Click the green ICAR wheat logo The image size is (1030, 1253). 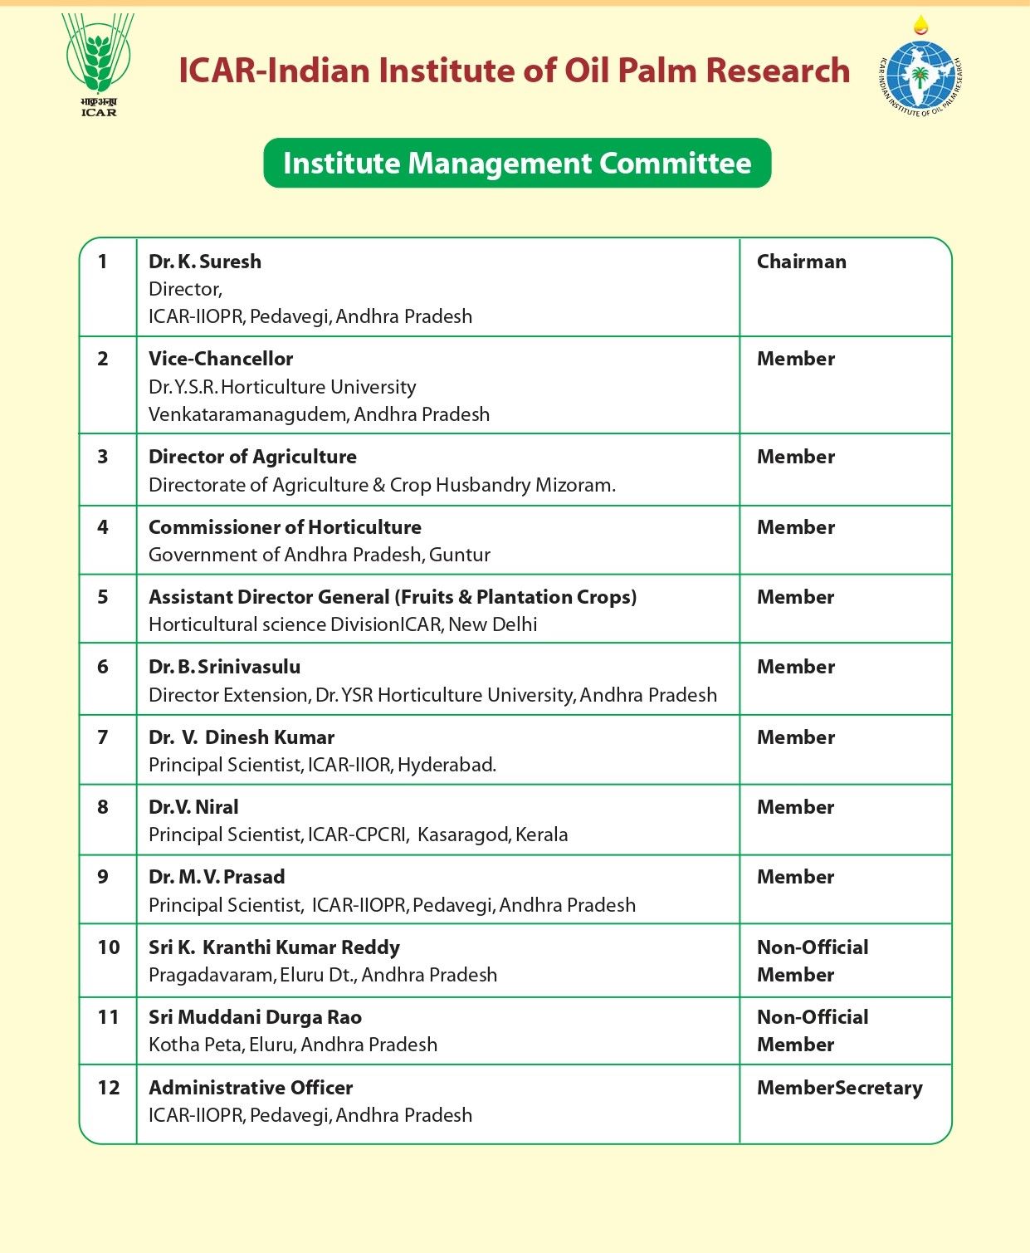pyautogui.click(x=98, y=63)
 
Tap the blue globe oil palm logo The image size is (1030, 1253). pyautogui.click(x=920, y=75)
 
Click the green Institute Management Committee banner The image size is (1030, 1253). pyautogui.click(x=517, y=164)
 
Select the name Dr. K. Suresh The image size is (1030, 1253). pyautogui.click(x=205, y=262)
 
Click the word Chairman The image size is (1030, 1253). pyautogui.click(x=801, y=262)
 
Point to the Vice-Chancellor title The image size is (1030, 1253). pyautogui.click(x=221, y=359)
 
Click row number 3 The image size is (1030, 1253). pyautogui.click(x=103, y=457)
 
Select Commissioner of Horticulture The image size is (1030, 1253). pyautogui.click(x=285, y=527)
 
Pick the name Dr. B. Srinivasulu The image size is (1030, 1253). pyautogui.click(x=225, y=667)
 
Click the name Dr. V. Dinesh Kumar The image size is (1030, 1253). pyautogui.click(x=242, y=737)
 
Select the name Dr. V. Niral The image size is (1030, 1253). pyautogui.click(x=193, y=807)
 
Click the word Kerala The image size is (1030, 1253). pyautogui.click(x=541, y=835)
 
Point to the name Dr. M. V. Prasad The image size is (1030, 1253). pyautogui.click(x=217, y=877)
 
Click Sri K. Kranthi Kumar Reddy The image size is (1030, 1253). pyautogui.click(x=274, y=947)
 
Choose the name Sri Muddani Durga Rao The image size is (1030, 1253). pyautogui.click(x=255, y=1017)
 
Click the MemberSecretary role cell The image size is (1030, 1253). pyautogui.click(x=839, y=1088)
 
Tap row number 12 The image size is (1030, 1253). pyautogui.click(x=109, y=1088)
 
